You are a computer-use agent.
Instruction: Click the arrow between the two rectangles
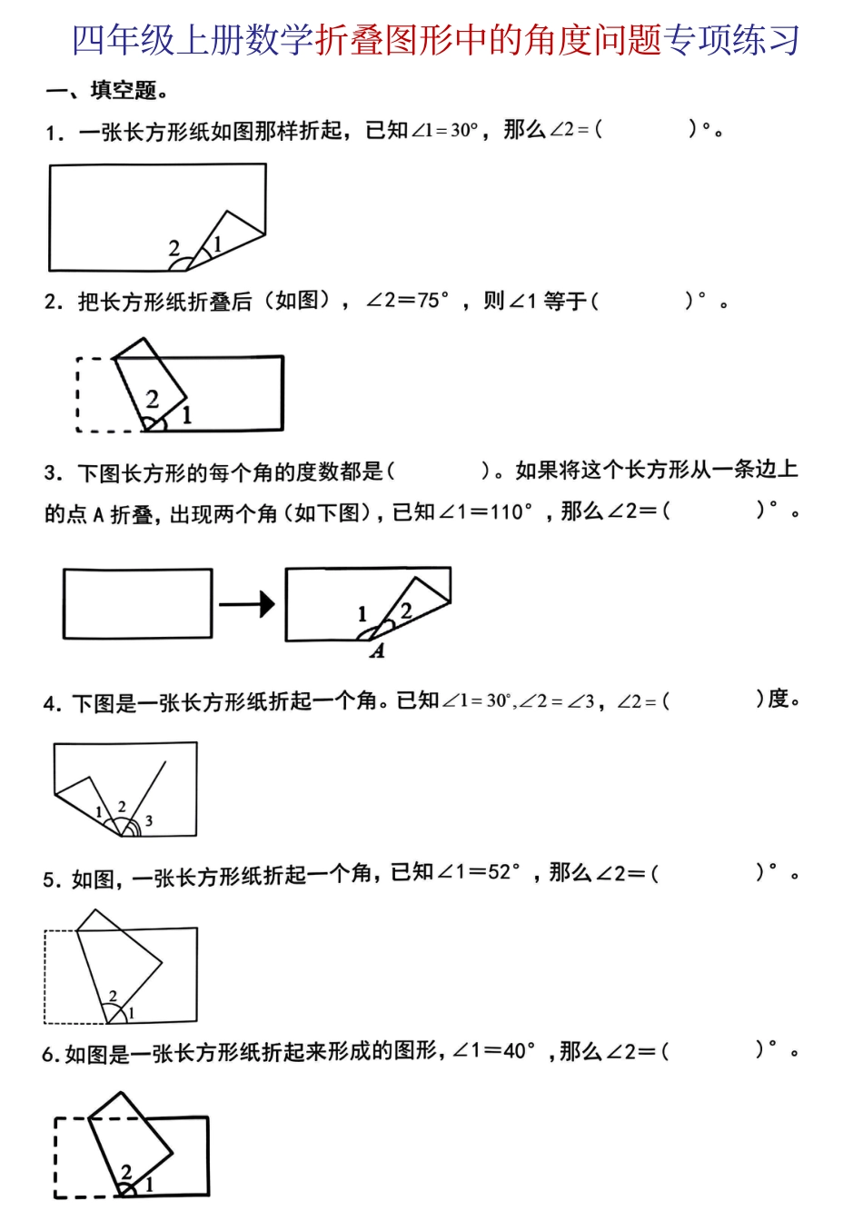[x=247, y=603]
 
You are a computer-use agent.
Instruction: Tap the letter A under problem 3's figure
[x=378, y=650]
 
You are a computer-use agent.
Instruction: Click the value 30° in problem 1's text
[x=463, y=130]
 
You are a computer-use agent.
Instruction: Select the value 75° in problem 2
[x=433, y=301]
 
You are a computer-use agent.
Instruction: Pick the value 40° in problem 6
[x=520, y=1051]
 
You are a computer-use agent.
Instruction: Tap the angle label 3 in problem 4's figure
[x=149, y=821]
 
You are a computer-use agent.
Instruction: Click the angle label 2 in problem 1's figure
[x=174, y=247]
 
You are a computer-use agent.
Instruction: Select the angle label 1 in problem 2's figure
[x=187, y=415]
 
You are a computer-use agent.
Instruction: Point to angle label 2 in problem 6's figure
[x=126, y=1172]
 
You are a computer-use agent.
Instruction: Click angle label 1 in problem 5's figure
[x=131, y=1012]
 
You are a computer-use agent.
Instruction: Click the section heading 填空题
[x=124, y=91]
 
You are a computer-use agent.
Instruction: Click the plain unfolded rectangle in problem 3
[x=137, y=603]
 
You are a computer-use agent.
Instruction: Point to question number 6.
[x=50, y=1054]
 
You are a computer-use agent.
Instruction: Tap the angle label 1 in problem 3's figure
[x=362, y=614]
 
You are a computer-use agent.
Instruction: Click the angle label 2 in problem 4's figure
[x=122, y=807]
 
